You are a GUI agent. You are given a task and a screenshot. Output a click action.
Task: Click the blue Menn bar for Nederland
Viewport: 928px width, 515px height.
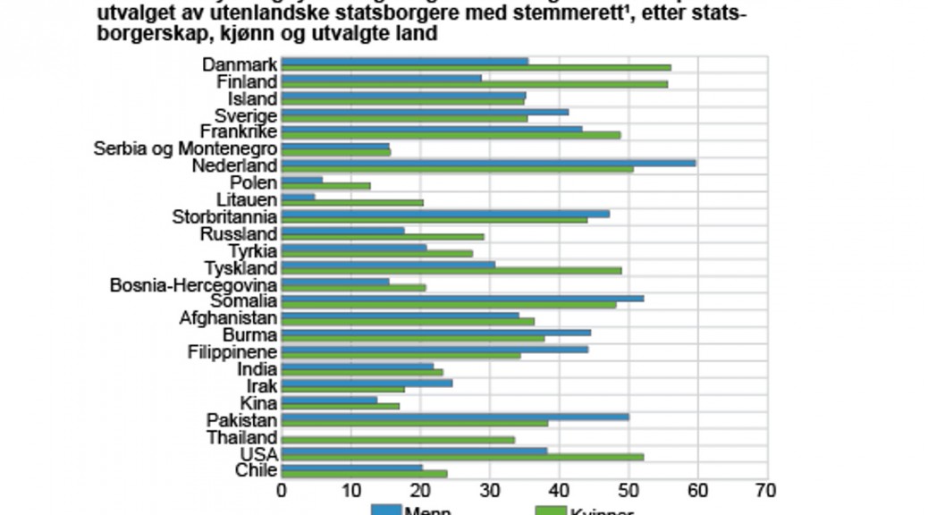pos(488,163)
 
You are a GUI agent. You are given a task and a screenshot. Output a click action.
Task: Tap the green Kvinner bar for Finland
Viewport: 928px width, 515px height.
pos(474,85)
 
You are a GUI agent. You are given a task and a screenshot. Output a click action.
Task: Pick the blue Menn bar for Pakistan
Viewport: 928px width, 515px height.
pos(454,416)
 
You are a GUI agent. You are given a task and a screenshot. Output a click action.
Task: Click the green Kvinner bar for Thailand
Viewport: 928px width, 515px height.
pos(398,440)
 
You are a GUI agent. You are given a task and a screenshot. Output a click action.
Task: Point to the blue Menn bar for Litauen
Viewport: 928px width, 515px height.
pos(298,197)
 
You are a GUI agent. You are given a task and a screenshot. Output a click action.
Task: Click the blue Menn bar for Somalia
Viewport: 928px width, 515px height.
pos(462,298)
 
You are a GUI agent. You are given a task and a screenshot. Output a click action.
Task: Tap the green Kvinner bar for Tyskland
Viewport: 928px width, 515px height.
pos(451,271)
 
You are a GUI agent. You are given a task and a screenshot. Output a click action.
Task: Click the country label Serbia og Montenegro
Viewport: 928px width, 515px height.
pos(185,149)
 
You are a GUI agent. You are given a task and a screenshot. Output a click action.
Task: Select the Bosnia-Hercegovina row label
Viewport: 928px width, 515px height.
pos(193,285)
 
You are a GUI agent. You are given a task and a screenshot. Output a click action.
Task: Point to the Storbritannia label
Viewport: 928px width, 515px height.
pos(224,217)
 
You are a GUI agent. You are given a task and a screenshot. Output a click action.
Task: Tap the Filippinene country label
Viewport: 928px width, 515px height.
pos(232,352)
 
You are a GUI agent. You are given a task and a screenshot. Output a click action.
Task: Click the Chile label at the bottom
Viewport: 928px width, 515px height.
pos(256,470)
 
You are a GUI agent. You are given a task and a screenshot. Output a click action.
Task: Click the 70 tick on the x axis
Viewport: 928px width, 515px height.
pos(766,490)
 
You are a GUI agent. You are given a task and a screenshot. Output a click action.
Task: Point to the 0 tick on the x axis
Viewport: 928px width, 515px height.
pos(282,490)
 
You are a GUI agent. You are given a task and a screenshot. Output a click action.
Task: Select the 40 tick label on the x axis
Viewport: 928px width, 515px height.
pos(559,490)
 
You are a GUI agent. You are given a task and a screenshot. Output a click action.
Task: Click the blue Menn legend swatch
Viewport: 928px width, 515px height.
pos(385,511)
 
